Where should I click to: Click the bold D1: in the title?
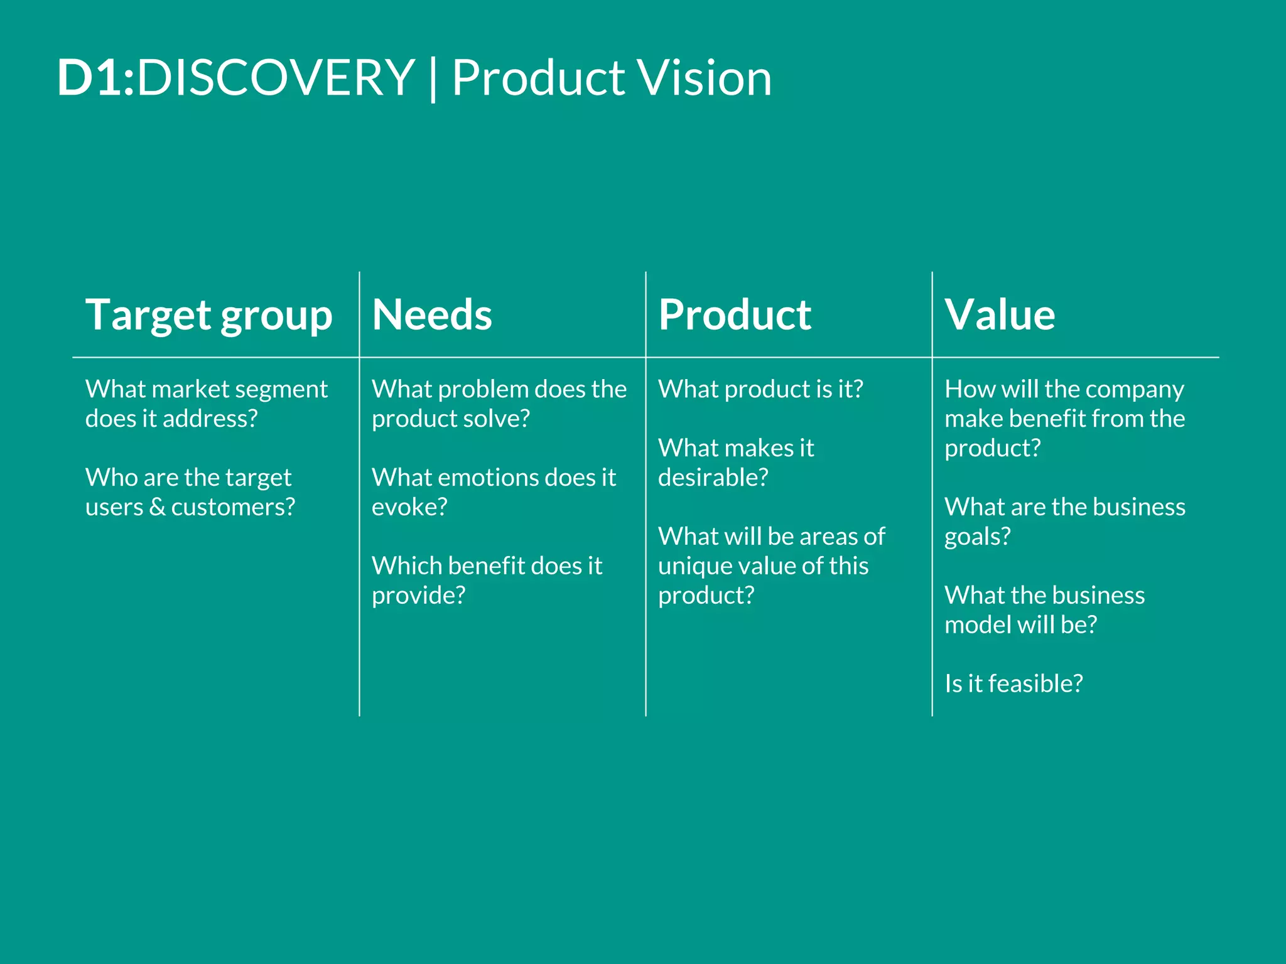pos(95,78)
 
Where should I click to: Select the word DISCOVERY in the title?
pos(276,78)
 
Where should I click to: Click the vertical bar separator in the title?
pos(433,79)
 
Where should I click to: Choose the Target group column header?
pos(208,315)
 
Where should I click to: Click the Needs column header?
pos(432,315)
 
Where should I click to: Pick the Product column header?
pos(735,315)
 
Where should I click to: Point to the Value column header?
pos(1000,315)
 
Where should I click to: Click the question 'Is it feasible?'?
pos(1013,683)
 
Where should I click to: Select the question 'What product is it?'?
pos(760,389)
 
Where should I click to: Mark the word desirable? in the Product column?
pos(713,478)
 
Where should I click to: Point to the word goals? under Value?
pos(977,537)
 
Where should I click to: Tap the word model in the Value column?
pos(976,624)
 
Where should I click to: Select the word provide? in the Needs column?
pos(418,596)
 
